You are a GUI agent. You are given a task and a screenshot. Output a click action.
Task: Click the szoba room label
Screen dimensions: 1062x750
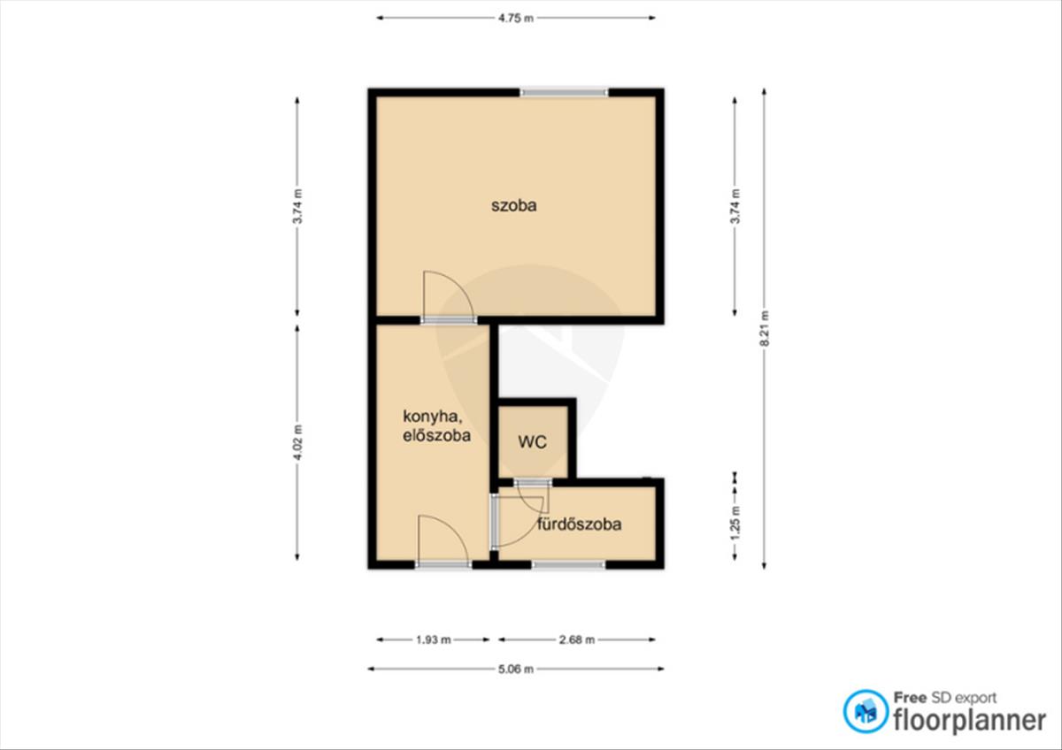tap(514, 205)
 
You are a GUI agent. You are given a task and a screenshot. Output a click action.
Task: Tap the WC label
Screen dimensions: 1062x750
tap(533, 442)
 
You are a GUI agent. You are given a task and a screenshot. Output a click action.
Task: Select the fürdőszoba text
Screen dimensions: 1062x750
tap(580, 524)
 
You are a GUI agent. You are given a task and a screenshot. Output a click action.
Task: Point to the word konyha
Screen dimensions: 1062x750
tap(433, 417)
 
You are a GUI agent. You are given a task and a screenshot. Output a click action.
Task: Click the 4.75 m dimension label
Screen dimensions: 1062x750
tap(516, 18)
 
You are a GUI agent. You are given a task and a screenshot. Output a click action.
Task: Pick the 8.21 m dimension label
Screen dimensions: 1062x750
tap(765, 328)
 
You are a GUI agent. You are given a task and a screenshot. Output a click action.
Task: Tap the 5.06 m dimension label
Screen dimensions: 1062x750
tap(516, 669)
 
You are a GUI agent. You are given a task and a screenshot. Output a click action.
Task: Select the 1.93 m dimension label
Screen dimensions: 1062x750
tap(434, 639)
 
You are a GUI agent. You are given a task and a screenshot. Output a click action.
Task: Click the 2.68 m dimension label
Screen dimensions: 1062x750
tap(576, 639)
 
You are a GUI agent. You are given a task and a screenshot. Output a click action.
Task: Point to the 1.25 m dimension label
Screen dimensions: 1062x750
tap(735, 522)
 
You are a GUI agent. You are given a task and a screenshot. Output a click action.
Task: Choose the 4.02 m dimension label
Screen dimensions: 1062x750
tap(297, 442)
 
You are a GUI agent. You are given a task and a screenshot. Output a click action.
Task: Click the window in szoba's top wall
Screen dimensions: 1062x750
tap(565, 92)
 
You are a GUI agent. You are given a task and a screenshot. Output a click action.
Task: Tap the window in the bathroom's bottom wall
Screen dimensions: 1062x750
tap(568, 565)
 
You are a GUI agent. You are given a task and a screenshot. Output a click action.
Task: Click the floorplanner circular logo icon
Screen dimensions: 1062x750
tap(866, 711)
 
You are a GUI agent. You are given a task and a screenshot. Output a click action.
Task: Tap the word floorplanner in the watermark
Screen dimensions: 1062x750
tap(970, 721)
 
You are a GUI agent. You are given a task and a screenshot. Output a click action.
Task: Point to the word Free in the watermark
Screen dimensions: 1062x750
tap(910, 698)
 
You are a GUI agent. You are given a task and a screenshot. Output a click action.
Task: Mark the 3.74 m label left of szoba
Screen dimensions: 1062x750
tap(297, 207)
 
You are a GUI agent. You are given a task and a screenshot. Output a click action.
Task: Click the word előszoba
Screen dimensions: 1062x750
tap(436, 435)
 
